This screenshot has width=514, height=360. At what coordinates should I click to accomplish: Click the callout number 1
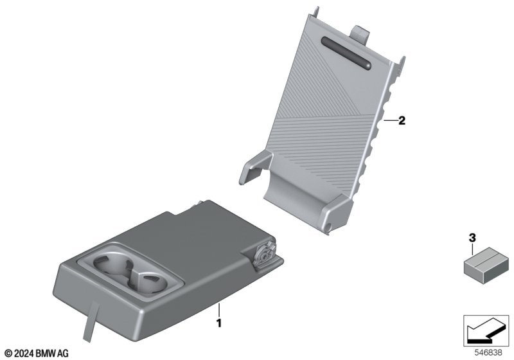pyautogui.click(x=219, y=323)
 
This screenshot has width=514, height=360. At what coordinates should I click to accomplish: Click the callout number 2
pyautogui.click(x=402, y=121)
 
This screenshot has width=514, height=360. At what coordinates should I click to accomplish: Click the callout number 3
pyautogui.click(x=472, y=238)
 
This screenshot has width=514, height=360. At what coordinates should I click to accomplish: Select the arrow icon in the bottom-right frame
pyautogui.click(x=485, y=330)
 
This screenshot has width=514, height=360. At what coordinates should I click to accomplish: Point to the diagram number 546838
pyautogui.click(x=488, y=353)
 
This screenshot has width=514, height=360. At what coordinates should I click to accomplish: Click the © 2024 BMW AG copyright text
pyautogui.click(x=37, y=353)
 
